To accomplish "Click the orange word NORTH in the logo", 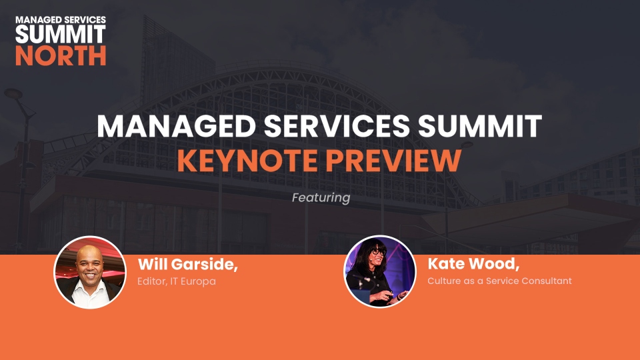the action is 61,55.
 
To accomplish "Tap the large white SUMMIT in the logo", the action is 61,34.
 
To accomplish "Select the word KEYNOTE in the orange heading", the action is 247,161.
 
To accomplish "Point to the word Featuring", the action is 321,198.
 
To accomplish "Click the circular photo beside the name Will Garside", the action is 90,272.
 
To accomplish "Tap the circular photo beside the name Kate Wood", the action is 379,271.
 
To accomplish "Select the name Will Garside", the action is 188,265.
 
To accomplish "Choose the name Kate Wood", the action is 473,264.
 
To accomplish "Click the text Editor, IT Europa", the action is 176,281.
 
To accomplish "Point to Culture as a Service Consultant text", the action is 499,281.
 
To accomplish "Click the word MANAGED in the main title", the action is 176,126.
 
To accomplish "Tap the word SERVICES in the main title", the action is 337,126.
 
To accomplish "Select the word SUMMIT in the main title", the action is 480,126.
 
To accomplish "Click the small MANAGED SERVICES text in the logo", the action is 61,19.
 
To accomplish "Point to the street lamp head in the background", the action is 13,93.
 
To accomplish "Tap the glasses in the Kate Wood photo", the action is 379,252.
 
